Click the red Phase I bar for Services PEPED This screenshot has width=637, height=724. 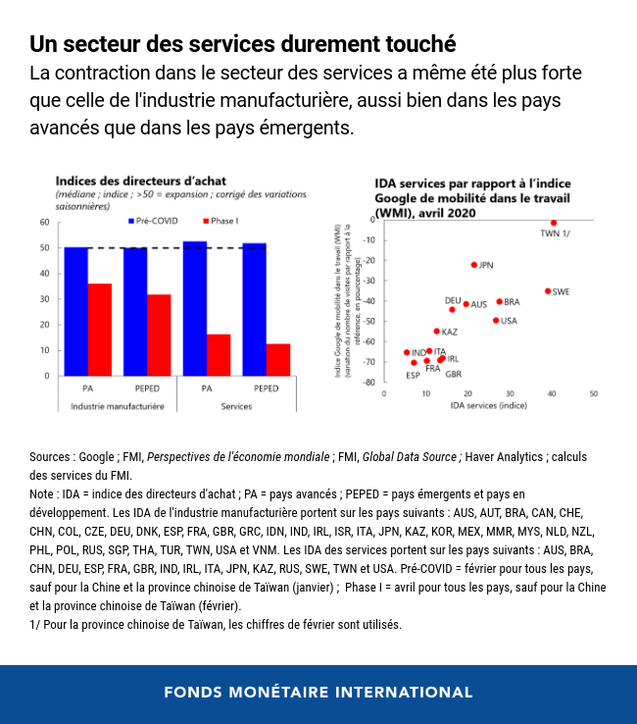(x=278, y=359)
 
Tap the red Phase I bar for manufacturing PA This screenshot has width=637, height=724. (x=100, y=330)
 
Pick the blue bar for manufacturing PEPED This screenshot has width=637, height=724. (x=135, y=311)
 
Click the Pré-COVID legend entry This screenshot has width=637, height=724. (x=151, y=222)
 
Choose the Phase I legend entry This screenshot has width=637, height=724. (x=220, y=222)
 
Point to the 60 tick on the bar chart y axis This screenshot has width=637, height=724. (x=44, y=223)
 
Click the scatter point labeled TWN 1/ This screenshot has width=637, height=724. (x=553, y=223)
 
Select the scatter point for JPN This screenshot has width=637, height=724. (x=473, y=265)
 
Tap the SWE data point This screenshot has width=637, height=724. (x=548, y=291)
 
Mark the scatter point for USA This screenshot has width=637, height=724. (x=496, y=321)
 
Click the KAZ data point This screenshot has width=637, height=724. (x=437, y=332)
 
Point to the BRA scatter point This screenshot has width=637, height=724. (x=499, y=302)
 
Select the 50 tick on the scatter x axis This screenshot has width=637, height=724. (x=593, y=393)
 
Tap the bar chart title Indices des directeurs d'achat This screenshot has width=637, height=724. (x=126, y=181)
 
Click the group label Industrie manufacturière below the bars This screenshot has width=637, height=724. (x=117, y=406)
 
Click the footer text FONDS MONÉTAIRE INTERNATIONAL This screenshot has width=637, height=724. (x=318, y=693)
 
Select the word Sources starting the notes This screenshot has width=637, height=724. (x=49, y=457)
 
